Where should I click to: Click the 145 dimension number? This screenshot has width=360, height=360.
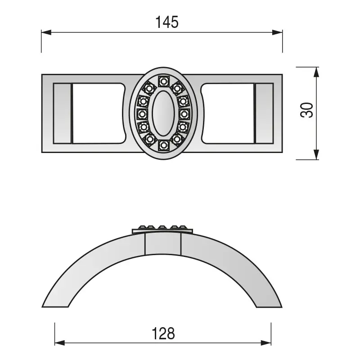pos(167,22)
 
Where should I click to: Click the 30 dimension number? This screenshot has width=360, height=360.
pos(307,110)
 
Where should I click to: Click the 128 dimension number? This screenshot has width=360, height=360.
pos(163,333)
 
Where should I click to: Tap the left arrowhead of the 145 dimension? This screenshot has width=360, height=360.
pos(46,32)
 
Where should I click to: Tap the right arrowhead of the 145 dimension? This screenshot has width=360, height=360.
pos(277,32)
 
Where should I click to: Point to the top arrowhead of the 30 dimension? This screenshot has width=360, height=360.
pos(316,72)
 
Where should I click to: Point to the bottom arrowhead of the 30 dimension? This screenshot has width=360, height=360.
pos(316,154)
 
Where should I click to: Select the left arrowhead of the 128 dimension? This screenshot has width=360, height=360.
pos(60,343)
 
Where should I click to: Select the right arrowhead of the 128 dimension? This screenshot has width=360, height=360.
pos(266,343)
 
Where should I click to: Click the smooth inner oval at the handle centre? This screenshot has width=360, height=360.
pos(163,113)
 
